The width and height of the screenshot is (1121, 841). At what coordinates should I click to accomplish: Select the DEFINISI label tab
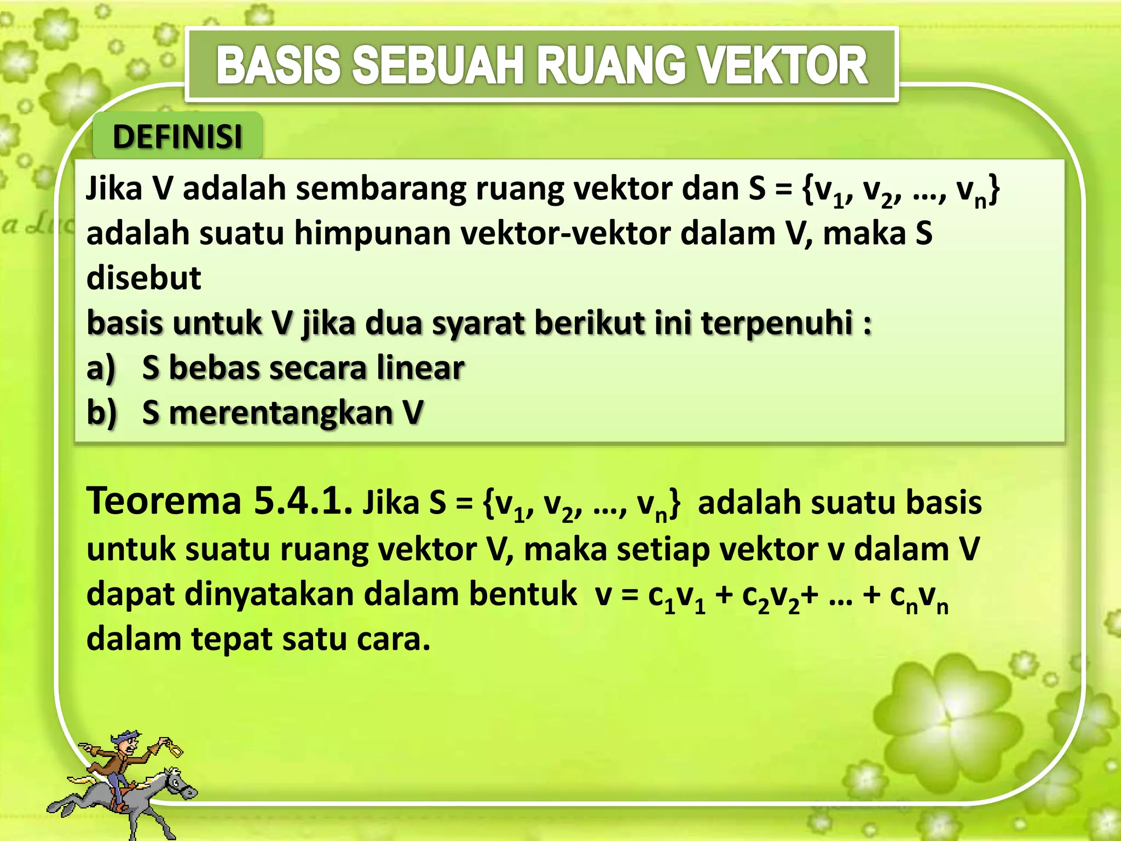tap(177, 136)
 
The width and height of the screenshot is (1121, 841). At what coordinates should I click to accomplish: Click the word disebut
tap(144, 278)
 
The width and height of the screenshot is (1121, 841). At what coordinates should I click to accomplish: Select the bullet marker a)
tap(101, 368)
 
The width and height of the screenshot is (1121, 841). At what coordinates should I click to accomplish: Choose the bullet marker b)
tap(101, 413)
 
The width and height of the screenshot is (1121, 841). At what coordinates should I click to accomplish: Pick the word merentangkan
tap(281, 413)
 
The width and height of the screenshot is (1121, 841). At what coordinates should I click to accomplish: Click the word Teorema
tap(164, 501)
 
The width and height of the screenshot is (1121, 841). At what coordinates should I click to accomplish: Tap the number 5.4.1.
tap(303, 501)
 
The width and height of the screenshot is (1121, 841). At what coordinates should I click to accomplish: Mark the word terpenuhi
tap(776, 323)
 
